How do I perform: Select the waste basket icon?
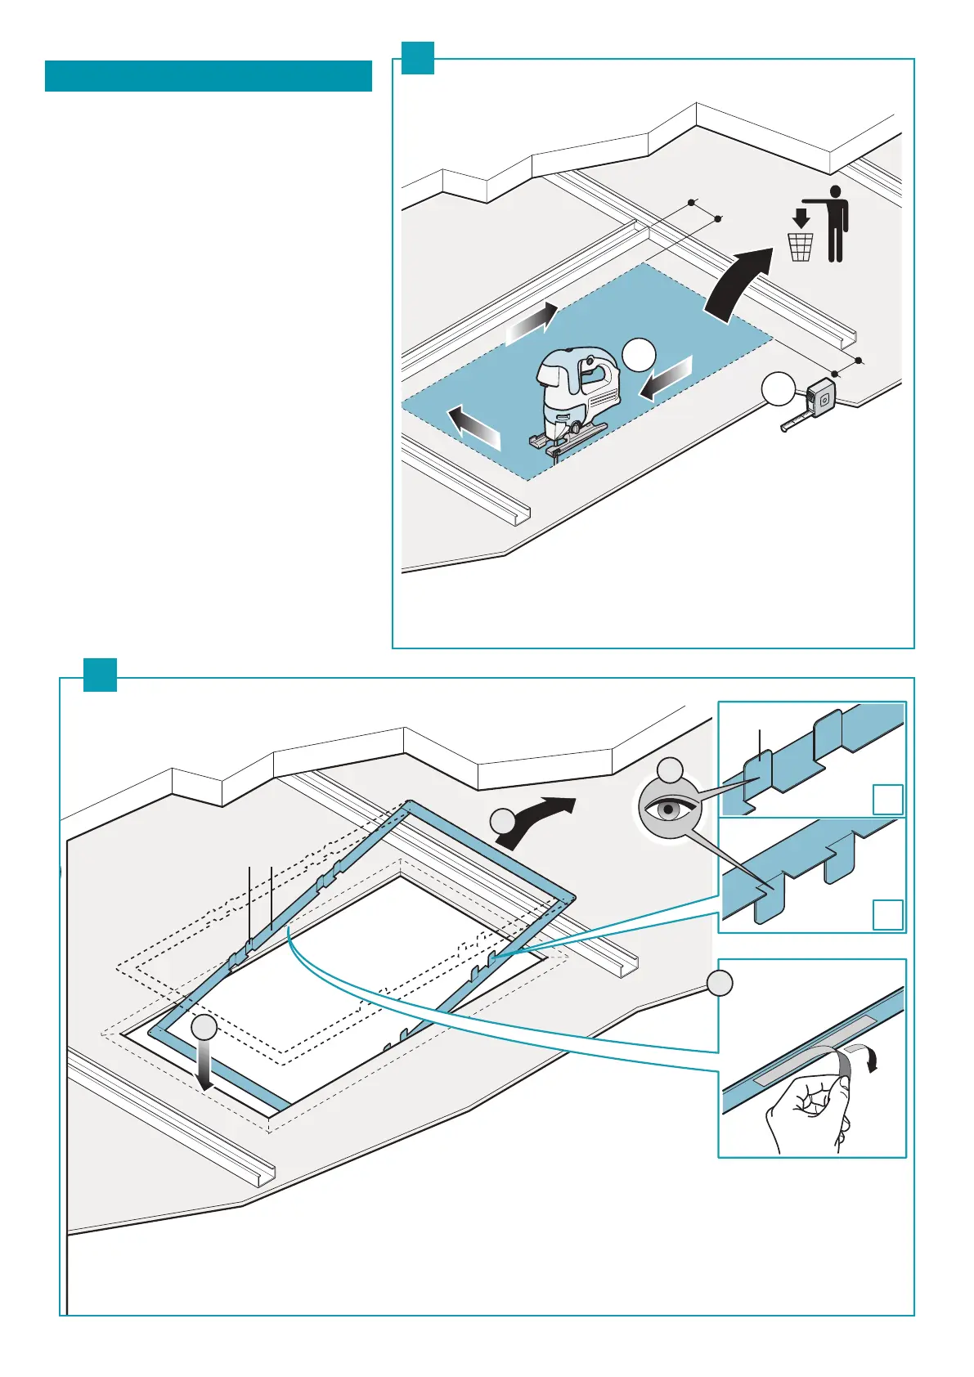801,247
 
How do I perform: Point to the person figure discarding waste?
833,223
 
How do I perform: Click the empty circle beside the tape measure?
779,388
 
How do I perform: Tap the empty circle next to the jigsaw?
639,354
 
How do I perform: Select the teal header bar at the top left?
208,76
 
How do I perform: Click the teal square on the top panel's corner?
418,58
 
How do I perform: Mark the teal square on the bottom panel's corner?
100,675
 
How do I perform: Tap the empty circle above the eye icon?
671,770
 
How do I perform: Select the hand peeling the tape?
806,1112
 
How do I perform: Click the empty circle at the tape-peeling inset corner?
720,984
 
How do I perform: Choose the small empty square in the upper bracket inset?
888,799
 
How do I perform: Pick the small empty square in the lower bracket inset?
888,915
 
